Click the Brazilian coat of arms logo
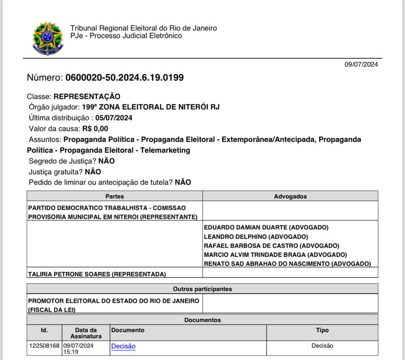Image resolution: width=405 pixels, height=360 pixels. tap(48, 39)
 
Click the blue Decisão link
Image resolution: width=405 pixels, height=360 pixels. tap(123, 346)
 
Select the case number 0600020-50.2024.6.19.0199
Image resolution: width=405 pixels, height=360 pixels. tap(124, 77)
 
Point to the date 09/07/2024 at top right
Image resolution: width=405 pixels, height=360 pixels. tap(361, 64)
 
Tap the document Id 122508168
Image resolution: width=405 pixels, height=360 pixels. tap(44, 346)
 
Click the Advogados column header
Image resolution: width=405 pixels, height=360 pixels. tap(290, 196)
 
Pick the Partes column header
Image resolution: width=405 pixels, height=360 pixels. tap(115, 196)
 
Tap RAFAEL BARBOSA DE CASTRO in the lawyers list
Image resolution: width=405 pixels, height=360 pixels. tap(248, 246)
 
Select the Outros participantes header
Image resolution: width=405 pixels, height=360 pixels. tap(202, 289)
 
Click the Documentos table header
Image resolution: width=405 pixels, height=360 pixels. tap(202, 320)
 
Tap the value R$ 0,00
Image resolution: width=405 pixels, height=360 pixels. tap(95, 129)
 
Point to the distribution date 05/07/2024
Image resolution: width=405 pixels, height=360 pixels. tap(114, 118)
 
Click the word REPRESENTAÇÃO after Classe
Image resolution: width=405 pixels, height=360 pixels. tap(87, 96)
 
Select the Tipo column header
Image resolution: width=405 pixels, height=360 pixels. tap(322, 330)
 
